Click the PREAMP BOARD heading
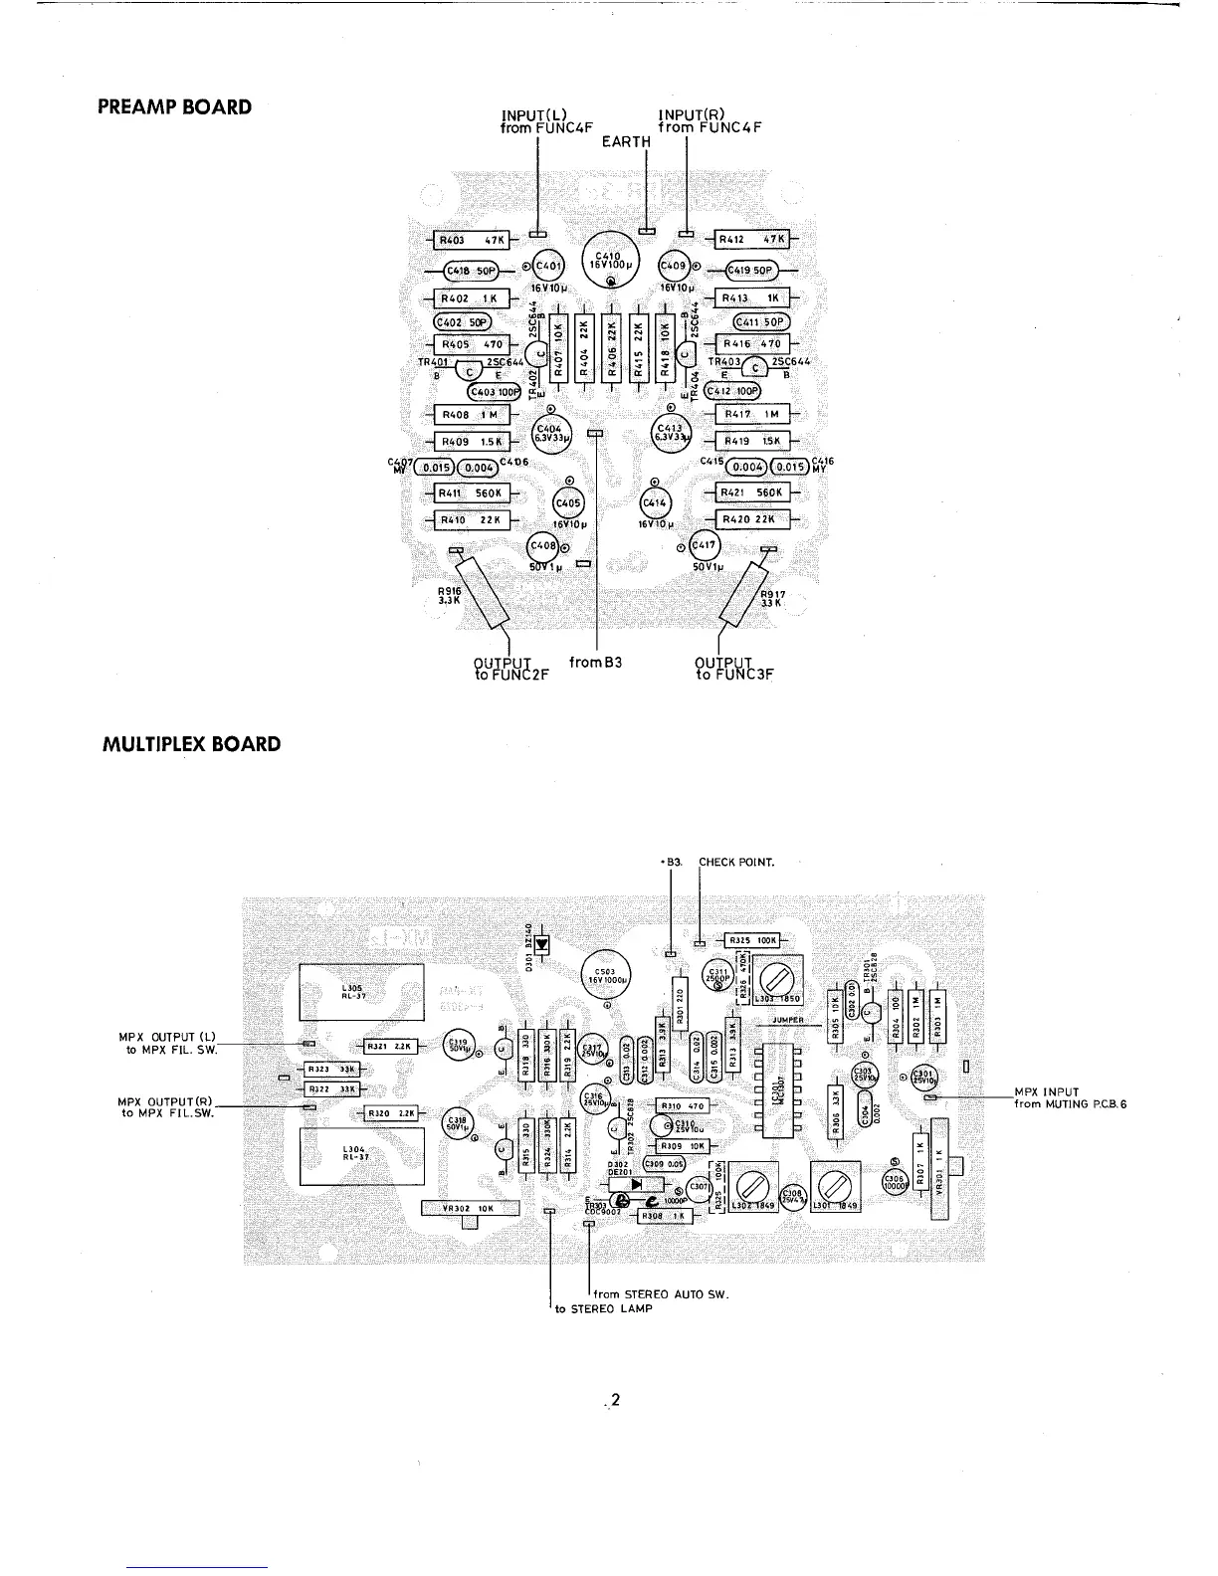pyautogui.click(x=174, y=106)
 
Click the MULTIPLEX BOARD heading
pyautogui.click(x=191, y=744)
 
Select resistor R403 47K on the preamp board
pyautogui.click(x=473, y=240)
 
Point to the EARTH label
pyautogui.click(x=626, y=141)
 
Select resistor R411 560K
pyautogui.click(x=473, y=492)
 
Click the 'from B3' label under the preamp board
pyautogui.click(x=595, y=661)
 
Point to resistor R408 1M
pyautogui.click(x=473, y=415)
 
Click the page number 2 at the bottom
pyautogui.click(x=615, y=1401)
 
